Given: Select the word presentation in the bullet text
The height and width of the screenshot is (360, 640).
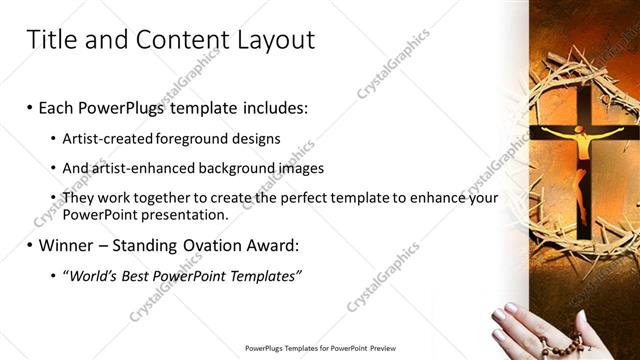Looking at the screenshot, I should (x=188, y=214).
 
